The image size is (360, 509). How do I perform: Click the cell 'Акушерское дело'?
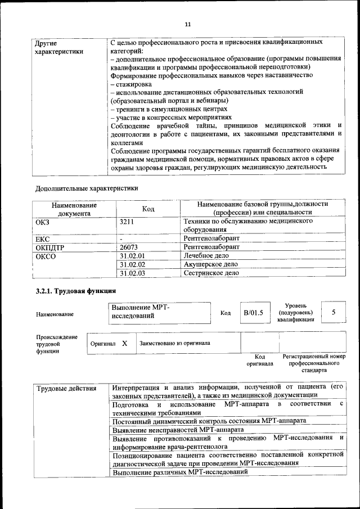(211, 264)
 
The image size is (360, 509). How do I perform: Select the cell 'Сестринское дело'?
(211, 273)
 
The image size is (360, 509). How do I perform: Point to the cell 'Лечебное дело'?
(206, 256)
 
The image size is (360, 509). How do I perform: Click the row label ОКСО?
(46, 256)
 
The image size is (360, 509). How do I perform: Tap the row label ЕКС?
(43, 239)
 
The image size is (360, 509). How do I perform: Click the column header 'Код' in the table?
(148, 209)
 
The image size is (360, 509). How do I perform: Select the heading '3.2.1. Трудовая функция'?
(75, 291)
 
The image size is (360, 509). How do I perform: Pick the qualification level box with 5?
(334, 312)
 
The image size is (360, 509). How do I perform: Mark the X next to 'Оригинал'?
(125, 343)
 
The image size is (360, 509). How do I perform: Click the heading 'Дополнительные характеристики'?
(86, 188)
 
